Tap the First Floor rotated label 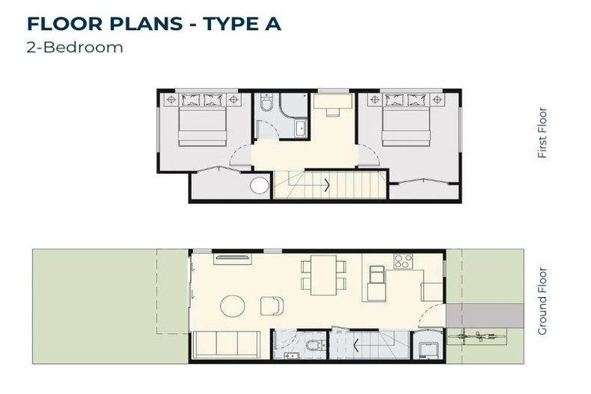pos(543,132)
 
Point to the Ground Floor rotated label pos(543,301)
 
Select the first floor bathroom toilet pos(267,105)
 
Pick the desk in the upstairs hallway pos(333,103)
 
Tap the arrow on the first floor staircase pos(329,184)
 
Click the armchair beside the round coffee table pos(272,306)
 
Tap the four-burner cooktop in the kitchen pos(402,261)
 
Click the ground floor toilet pos(312,348)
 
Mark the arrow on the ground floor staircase pos(356,344)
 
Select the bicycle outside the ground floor pos(477,336)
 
